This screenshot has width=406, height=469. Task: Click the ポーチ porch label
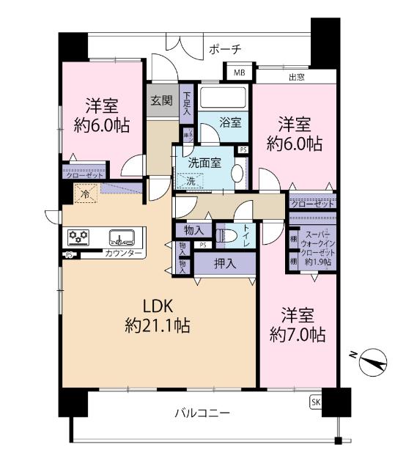(x=225, y=51)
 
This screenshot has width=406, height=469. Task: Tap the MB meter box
(x=240, y=73)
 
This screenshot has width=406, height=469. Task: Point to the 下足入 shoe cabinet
(x=188, y=103)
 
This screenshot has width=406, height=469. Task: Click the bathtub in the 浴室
(x=225, y=97)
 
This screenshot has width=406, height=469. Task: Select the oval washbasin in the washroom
(x=237, y=174)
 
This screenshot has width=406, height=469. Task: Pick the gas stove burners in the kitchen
(x=78, y=237)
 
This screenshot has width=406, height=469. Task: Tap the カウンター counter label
(x=123, y=254)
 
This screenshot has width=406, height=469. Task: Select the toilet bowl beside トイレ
(x=229, y=237)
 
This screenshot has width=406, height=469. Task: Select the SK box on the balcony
(x=315, y=402)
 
